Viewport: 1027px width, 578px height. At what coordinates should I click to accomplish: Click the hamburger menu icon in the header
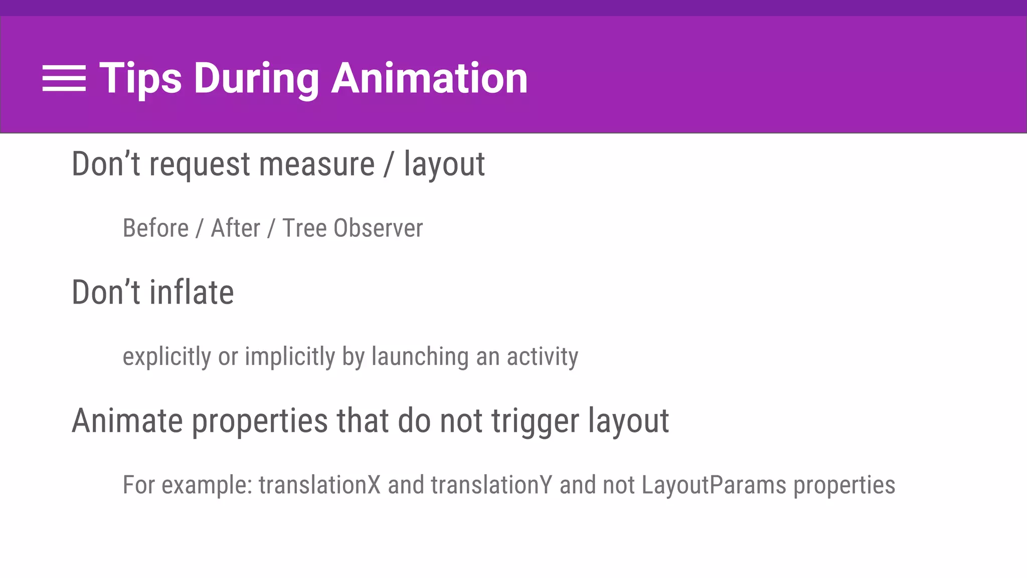pyautogui.click(x=64, y=78)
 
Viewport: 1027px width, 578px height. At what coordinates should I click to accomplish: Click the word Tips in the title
pyautogui.click(x=140, y=78)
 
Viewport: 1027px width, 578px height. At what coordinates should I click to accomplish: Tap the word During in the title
pyautogui.click(x=256, y=78)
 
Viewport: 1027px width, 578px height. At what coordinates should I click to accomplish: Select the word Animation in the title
pyautogui.click(x=429, y=78)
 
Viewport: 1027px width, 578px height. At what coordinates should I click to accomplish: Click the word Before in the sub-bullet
pyautogui.click(x=155, y=228)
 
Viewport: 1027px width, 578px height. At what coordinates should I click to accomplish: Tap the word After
pyautogui.click(x=235, y=228)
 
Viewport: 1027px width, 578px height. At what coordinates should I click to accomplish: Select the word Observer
pyautogui.click(x=378, y=228)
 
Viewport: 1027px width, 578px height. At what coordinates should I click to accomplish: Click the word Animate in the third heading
pyautogui.click(x=127, y=420)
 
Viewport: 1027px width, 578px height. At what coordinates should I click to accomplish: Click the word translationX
pyautogui.click(x=319, y=485)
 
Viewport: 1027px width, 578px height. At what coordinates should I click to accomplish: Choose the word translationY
pyautogui.click(x=491, y=485)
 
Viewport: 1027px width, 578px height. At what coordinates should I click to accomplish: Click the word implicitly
pyautogui.click(x=289, y=357)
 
